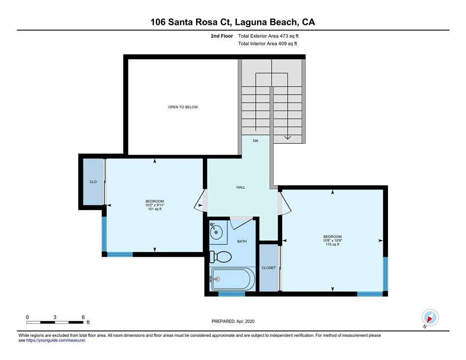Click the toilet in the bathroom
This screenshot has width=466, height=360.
click(x=220, y=257)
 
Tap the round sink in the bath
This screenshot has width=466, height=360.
click(x=216, y=231)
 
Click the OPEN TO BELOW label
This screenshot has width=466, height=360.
click(x=183, y=107)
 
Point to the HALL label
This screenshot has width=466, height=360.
click(x=241, y=187)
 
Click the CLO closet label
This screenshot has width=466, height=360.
click(x=93, y=182)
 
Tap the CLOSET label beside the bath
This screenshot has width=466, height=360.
click(x=269, y=268)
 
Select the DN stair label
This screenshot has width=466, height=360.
click(x=256, y=141)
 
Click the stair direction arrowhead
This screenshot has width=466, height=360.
click(x=288, y=137)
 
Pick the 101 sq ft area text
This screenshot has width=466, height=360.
click(x=155, y=209)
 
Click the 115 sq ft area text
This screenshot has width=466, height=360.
click(x=332, y=245)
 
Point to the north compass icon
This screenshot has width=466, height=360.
click(x=430, y=317)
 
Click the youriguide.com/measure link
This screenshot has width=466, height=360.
click(x=56, y=341)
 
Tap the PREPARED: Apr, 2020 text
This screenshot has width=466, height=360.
click(x=233, y=321)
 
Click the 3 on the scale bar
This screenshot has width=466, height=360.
click(x=55, y=317)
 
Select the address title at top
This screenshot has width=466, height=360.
click(x=233, y=22)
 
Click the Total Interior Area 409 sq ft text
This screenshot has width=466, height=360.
click(x=268, y=44)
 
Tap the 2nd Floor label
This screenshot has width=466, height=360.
click(x=222, y=36)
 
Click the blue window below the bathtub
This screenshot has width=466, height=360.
click(x=232, y=294)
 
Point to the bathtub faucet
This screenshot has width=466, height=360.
click(x=215, y=279)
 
